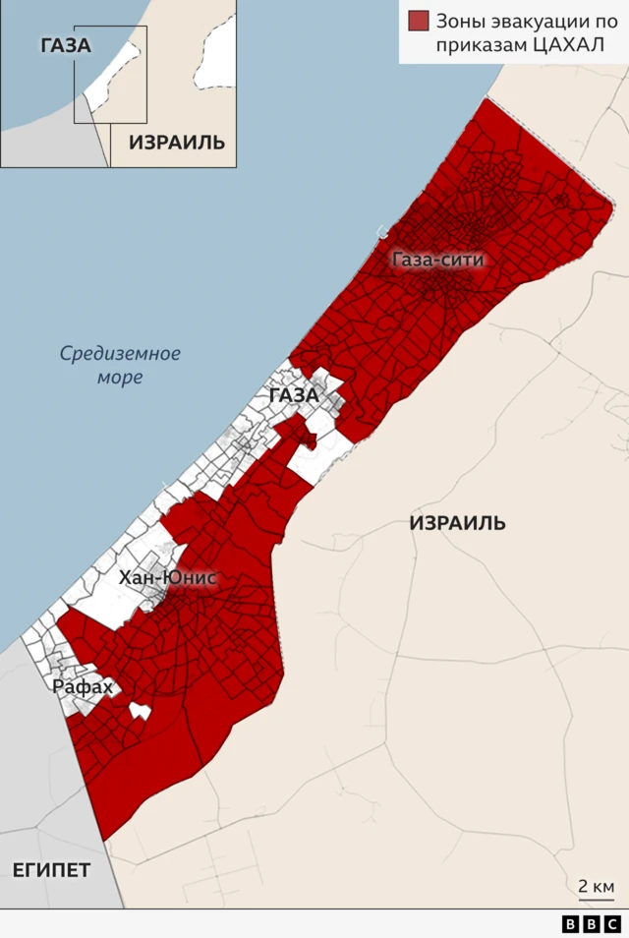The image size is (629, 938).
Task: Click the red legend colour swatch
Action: (x=419, y=21)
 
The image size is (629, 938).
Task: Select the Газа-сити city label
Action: (x=437, y=261)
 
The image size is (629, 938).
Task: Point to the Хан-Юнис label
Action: (x=167, y=578)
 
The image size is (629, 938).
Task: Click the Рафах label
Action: (x=83, y=687)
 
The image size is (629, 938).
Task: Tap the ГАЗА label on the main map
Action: (x=293, y=395)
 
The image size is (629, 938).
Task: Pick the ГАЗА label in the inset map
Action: (x=66, y=45)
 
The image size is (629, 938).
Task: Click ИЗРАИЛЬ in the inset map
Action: (x=177, y=142)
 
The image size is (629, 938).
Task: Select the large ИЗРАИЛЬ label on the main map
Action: (x=457, y=523)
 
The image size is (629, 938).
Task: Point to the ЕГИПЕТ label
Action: (x=51, y=870)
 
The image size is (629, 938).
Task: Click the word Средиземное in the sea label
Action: (x=120, y=353)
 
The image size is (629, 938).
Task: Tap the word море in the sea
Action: (x=120, y=377)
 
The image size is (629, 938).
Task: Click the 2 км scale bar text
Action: (x=597, y=886)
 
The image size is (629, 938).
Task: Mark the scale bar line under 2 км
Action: (x=597, y=899)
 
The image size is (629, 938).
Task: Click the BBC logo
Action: (x=592, y=924)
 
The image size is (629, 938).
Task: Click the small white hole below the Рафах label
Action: (x=141, y=710)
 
